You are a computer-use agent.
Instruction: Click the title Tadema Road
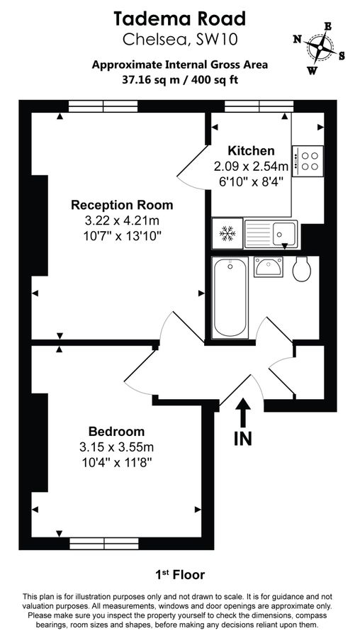tap(180, 18)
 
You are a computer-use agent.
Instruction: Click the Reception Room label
tap(121, 206)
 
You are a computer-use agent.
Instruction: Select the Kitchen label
tap(250, 150)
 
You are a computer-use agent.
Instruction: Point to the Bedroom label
tap(116, 431)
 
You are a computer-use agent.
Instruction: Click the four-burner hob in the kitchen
tap(308, 160)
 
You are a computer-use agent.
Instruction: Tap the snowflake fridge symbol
tap(227, 232)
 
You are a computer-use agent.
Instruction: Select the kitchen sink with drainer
tap(271, 233)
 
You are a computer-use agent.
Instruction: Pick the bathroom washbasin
tap(269, 268)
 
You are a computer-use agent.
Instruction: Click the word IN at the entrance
tap(242, 439)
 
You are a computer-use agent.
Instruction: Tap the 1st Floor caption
tap(180, 573)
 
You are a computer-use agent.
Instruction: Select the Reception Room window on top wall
tap(103, 106)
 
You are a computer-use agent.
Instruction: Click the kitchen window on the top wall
tap(259, 106)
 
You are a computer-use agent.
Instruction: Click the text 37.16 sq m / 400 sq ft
tap(180, 79)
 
